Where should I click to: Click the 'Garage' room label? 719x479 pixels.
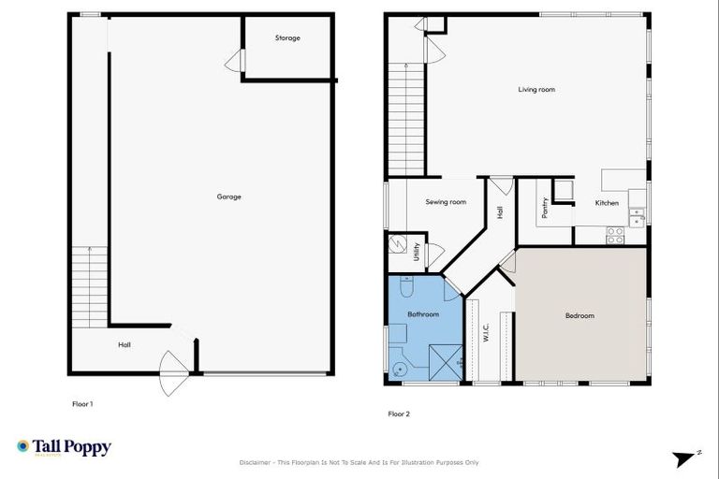point(229,196)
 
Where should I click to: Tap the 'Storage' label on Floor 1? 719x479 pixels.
point(287,38)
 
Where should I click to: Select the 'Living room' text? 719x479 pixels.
point(537,90)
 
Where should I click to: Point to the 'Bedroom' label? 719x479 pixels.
point(580,316)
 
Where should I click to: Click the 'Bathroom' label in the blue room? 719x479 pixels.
point(422,314)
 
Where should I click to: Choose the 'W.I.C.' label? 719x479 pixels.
point(487,334)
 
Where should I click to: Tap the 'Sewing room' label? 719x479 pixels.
point(446,202)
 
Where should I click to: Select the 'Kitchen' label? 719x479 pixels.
point(607,203)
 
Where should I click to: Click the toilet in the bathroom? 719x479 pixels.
point(400,368)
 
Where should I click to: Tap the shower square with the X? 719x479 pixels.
point(444,362)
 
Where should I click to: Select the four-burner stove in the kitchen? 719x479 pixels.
point(615,236)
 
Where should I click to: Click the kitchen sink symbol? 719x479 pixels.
point(637,217)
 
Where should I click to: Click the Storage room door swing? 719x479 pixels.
point(234,62)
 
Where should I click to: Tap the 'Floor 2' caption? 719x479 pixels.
point(399,414)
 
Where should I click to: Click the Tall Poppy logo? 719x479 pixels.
point(64,447)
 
